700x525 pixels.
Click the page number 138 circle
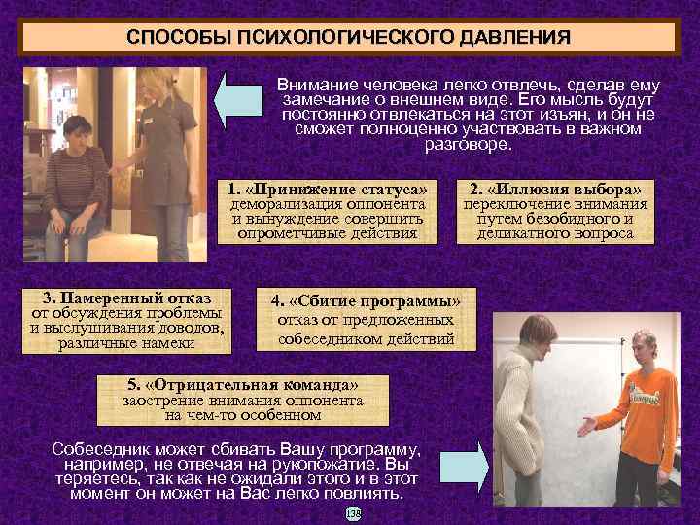click(352, 512)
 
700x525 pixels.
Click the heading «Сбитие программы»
click(366, 301)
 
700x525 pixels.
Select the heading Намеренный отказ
click(127, 297)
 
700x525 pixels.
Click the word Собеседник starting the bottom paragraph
click(102, 451)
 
